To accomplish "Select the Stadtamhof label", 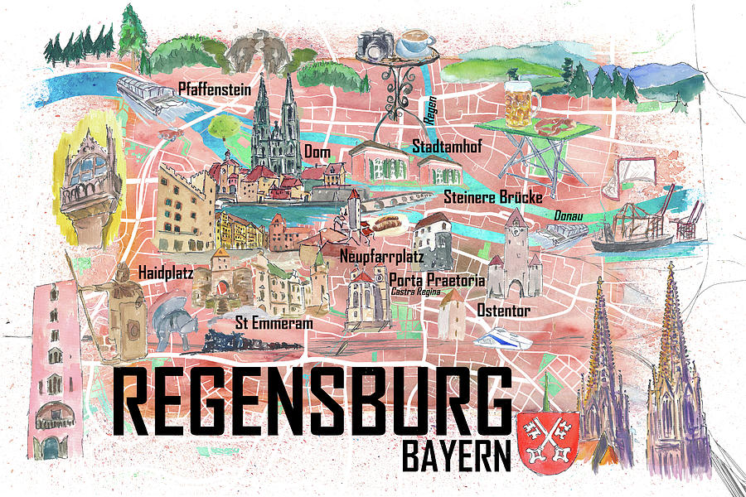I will tap(448, 147).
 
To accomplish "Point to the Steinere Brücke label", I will tap(492, 197).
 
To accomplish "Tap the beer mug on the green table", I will tap(521, 103).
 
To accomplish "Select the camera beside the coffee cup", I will tap(375, 44).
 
